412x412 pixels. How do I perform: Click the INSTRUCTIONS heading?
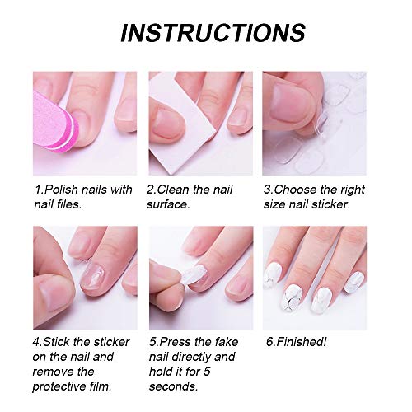tap(213, 33)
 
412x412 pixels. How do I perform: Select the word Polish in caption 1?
tap(61, 190)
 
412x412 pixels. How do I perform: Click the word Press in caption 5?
tap(175, 342)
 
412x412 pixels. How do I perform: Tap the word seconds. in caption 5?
tap(173, 386)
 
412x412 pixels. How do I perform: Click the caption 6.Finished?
tap(297, 342)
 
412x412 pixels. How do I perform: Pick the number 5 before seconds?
tap(207, 372)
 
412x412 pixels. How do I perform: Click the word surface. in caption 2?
tap(168, 204)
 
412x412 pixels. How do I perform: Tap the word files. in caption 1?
tap(68, 204)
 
